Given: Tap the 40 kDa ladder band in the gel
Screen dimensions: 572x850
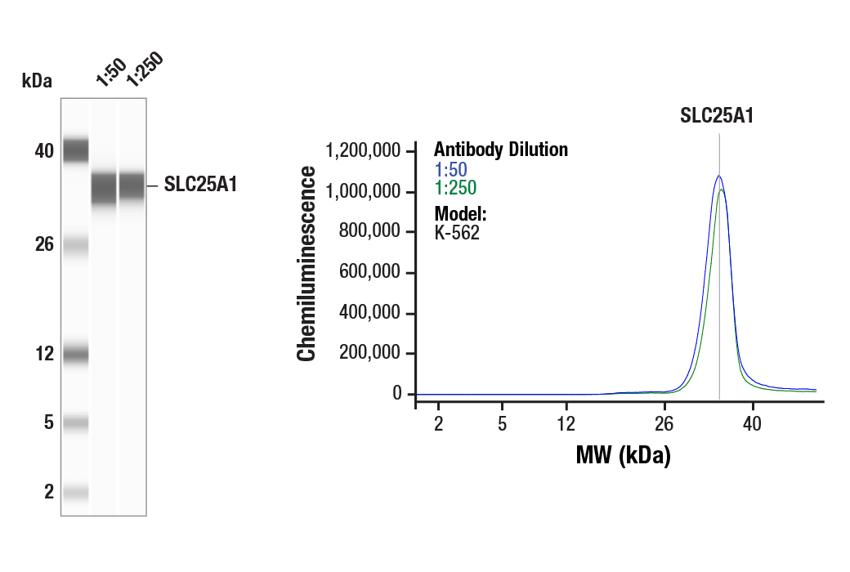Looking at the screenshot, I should pyautogui.click(x=75, y=150).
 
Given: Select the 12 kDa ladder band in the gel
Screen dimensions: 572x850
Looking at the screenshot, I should pyautogui.click(x=75, y=355).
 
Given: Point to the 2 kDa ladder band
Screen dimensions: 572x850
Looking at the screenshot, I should pyautogui.click(x=75, y=492).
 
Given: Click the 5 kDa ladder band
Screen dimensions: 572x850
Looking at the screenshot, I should pyautogui.click(x=75, y=422).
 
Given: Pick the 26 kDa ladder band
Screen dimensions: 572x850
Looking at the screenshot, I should pyautogui.click(x=75, y=244).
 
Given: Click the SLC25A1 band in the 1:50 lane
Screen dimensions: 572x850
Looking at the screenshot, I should pyautogui.click(x=104, y=189).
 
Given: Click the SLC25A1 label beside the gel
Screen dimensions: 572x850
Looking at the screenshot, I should pyautogui.click(x=200, y=185).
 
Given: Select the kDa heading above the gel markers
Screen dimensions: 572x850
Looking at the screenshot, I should pyautogui.click(x=37, y=81).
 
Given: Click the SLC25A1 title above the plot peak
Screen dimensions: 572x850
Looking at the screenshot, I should pyautogui.click(x=717, y=116).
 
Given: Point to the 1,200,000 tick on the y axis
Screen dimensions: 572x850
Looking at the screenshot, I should pyautogui.click(x=363, y=151).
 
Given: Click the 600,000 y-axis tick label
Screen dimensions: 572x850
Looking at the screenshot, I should pyautogui.click(x=370, y=273).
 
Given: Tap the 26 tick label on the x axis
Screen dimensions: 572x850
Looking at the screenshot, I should pyautogui.click(x=664, y=423).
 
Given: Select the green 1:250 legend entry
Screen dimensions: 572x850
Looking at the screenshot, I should pyautogui.click(x=454, y=188).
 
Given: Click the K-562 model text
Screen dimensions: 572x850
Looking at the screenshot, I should pyautogui.click(x=456, y=232).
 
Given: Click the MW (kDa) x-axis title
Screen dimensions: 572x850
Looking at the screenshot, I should pyautogui.click(x=623, y=455).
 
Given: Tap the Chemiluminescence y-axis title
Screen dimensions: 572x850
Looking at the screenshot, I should pyautogui.click(x=306, y=263).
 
